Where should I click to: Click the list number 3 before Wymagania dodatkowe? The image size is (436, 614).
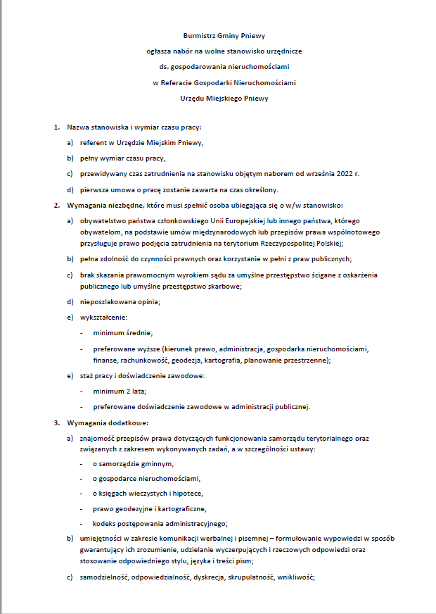[x=57, y=422]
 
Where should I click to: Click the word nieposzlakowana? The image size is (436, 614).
[x=107, y=302]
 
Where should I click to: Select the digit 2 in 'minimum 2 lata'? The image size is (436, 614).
[x=125, y=391]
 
